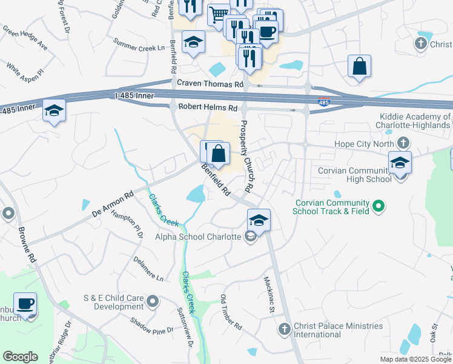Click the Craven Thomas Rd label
pyautogui.click(x=210, y=84)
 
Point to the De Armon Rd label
pyautogui.click(x=113, y=206)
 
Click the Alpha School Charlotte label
pyautogui.click(x=199, y=237)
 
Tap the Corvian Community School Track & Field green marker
pyautogui.click(x=379, y=207)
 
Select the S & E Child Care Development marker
pyautogui.click(x=153, y=300)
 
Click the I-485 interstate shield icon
pyautogui.click(x=325, y=103)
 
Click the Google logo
pyautogui.click(x=21, y=357)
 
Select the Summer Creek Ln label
pyautogui.click(x=139, y=47)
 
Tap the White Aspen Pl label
pyautogui.click(x=25, y=69)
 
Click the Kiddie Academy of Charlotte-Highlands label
pyautogui.click(x=415, y=121)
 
